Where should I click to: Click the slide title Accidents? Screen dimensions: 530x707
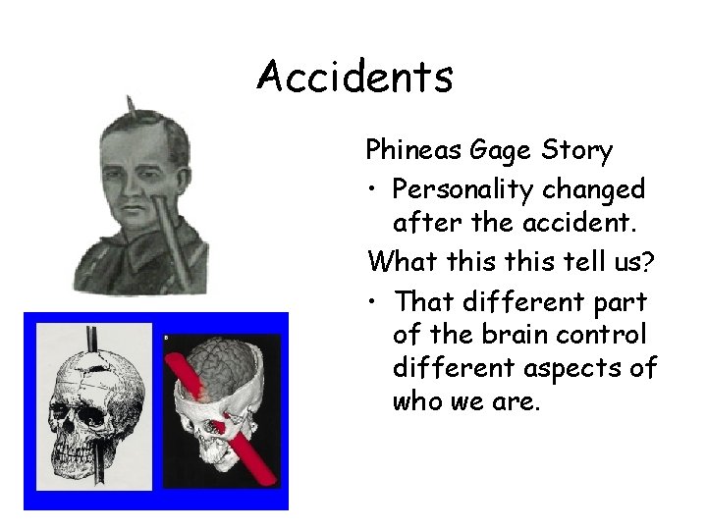(354, 76)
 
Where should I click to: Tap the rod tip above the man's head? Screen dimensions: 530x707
(129, 102)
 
